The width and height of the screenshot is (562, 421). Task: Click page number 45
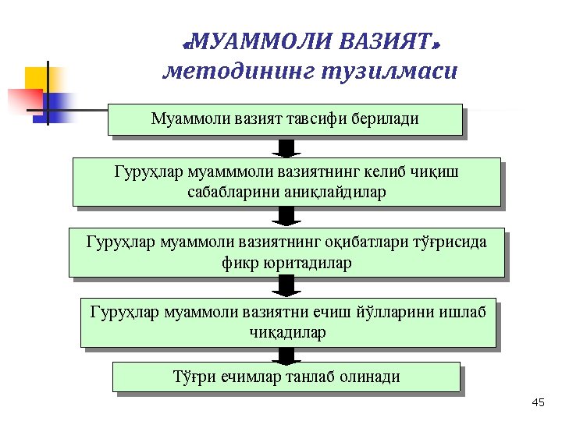(x=537, y=402)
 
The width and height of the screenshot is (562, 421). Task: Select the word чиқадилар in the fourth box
(x=287, y=333)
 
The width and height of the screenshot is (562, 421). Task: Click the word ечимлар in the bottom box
(x=254, y=377)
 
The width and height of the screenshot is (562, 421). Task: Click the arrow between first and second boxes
(x=287, y=148)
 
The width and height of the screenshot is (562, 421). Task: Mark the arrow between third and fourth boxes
(x=287, y=286)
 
